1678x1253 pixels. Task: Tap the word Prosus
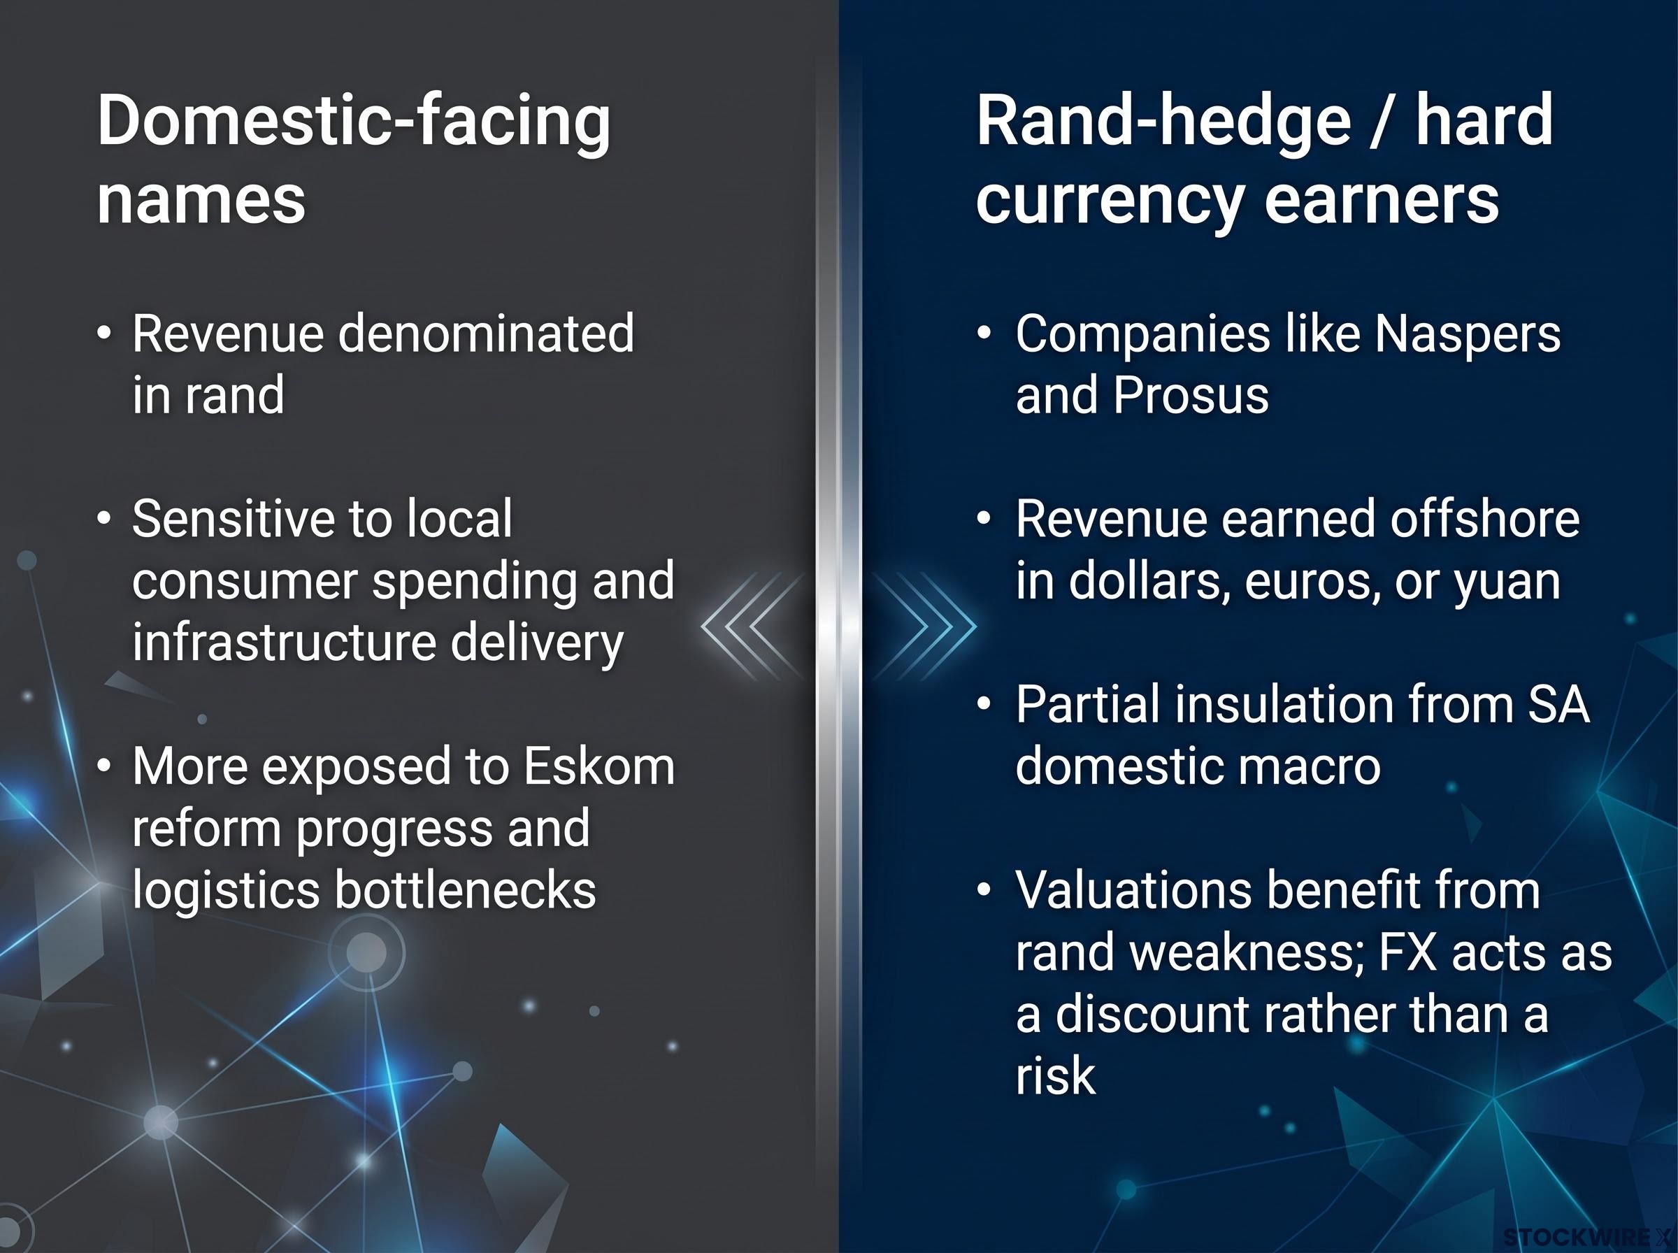pos(1191,395)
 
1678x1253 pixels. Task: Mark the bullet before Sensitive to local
pos(105,520)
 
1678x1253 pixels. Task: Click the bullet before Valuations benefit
pos(984,889)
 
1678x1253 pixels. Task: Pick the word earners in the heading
pos(1382,200)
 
